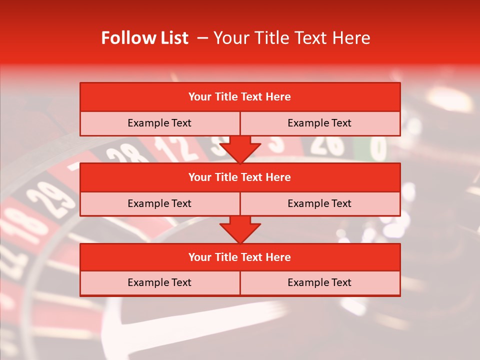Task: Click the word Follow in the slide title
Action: tap(126, 38)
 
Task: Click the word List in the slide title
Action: tap(172, 38)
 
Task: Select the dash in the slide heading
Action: tap(202, 38)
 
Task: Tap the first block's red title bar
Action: tap(240, 97)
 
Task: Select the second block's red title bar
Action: tap(240, 177)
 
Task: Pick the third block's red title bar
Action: tap(240, 257)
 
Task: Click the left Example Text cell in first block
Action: tap(159, 123)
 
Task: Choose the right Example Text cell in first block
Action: tap(320, 123)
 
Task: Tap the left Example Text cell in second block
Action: tap(159, 203)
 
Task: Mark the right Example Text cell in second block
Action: tap(320, 203)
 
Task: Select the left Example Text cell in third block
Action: tap(159, 282)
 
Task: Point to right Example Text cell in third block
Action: tap(320, 282)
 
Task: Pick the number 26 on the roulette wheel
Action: tap(327, 145)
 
